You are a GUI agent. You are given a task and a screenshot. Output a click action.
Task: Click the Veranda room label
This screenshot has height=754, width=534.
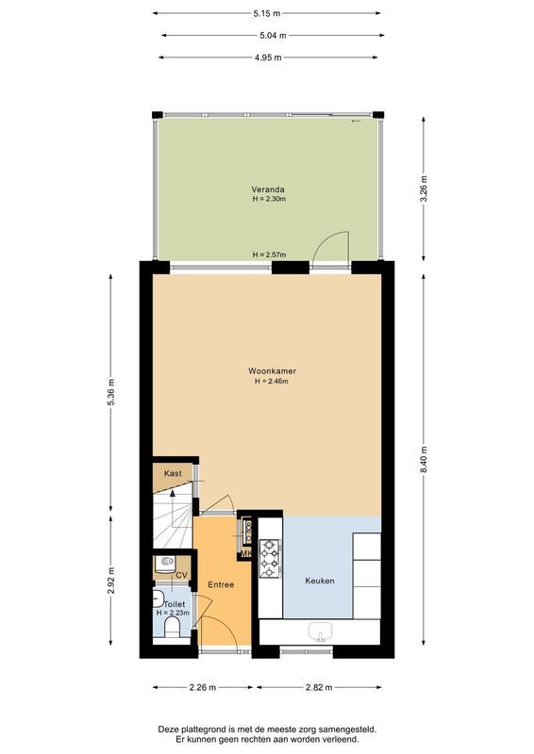tap(268, 188)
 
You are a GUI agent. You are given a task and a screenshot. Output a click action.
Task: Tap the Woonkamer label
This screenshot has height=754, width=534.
tap(268, 370)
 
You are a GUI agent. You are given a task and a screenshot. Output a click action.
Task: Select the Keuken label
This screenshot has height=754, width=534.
tap(319, 581)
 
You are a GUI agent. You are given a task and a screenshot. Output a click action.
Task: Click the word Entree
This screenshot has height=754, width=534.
tap(221, 584)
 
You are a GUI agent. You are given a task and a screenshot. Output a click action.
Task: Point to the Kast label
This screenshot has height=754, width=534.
tap(172, 473)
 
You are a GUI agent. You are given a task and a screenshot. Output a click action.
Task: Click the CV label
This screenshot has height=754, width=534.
tap(181, 574)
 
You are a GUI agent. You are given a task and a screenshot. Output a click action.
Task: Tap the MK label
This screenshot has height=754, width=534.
tap(245, 554)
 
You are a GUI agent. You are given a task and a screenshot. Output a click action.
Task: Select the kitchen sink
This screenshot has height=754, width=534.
tap(320, 632)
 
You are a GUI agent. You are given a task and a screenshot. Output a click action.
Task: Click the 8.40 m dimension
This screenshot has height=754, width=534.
tap(425, 459)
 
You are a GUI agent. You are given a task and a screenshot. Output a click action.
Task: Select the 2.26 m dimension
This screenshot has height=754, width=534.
tap(200, 687)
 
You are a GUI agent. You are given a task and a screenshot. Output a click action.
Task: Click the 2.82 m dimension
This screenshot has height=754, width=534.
tap(320, 687)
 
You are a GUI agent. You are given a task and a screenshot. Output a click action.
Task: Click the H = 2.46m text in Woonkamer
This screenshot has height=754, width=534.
tap(268, 381)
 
